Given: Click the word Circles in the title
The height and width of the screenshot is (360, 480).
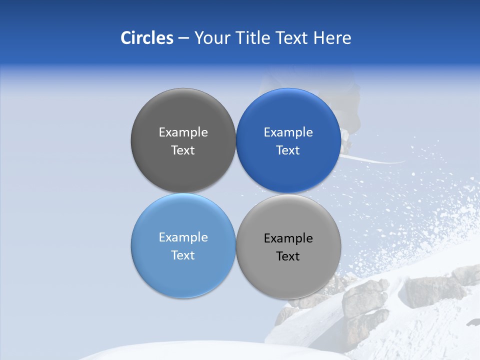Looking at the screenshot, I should click(x=146, y=38).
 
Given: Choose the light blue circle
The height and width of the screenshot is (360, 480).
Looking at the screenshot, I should click(x=183, y=275).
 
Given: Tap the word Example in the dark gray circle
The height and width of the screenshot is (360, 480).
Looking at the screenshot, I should click(x=183, y=132).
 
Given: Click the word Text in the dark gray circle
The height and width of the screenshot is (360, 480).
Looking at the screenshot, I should click(x=183, y=150).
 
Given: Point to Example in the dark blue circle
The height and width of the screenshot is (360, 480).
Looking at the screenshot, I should click(x=288, y=132).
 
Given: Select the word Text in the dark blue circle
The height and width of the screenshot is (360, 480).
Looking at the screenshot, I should click(x=288, y=150).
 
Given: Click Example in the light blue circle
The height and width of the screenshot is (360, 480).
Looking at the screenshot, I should click(x=183, y=237).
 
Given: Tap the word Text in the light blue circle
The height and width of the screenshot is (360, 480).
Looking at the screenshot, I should click(x=183, y=255).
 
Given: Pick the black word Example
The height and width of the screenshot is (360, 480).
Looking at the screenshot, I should click(x=288, y=238).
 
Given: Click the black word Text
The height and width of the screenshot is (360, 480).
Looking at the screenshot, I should click(x=288, y=256).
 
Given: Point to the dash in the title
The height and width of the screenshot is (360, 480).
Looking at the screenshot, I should click(x=183, y=38).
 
